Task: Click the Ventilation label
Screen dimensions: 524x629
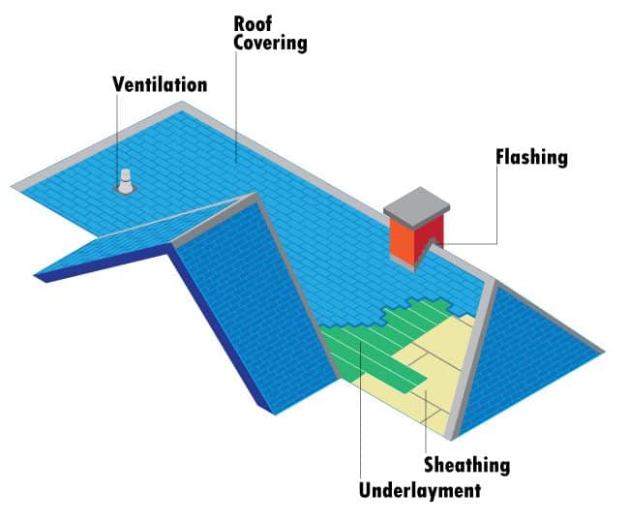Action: (160, 85)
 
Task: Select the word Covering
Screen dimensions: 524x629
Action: (270, 43)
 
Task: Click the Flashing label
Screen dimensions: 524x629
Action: (531, 156)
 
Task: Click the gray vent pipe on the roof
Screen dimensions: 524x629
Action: (125, 181)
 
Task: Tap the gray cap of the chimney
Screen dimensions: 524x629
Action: (418, 205)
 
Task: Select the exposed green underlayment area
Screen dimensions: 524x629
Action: (368, 349)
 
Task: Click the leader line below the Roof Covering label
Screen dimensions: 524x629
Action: (235, 107)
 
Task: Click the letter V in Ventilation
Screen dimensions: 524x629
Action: (118, 85)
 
